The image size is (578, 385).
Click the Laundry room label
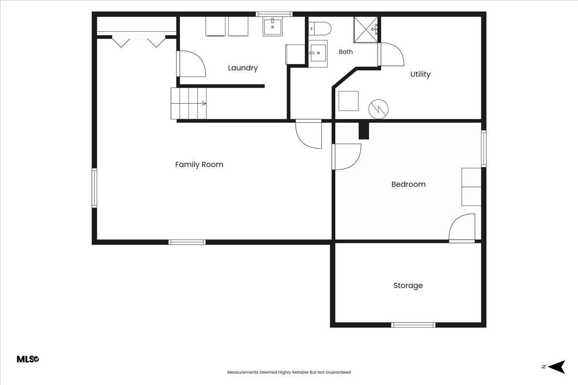[243, 68]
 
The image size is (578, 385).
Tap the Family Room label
[199, 165]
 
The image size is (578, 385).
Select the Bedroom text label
[408, 184]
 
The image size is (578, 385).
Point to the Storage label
[408, 285]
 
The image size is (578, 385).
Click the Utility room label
[420, 74]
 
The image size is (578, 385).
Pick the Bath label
[346, 52]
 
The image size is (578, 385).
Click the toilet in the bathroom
[320, 28]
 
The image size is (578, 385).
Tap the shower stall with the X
[366, 30]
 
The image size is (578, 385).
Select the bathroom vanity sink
[318, 53]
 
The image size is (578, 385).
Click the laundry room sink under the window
[273, 26]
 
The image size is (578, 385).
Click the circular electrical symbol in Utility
[379, 109]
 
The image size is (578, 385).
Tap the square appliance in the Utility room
[348, 101]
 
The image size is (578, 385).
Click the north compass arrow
[557, 366]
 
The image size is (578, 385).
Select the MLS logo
[28, 359]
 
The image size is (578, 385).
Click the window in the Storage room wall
[413, 325]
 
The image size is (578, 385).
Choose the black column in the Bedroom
[364, 131]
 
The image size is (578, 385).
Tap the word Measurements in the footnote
[243, 372]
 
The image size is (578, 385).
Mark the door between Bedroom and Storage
[462, 228]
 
